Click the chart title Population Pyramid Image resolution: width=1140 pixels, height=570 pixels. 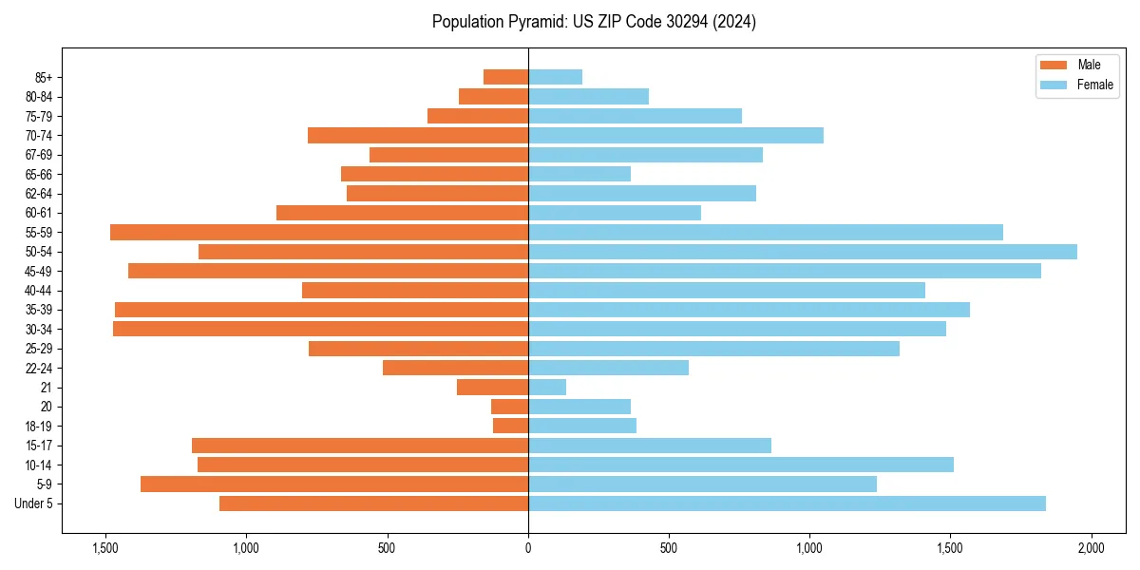click(594, 22)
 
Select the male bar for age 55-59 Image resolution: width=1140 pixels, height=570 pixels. click(319, 232)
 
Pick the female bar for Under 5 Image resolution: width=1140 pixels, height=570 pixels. click(787, 503)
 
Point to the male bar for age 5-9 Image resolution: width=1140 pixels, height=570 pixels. click(334, 484)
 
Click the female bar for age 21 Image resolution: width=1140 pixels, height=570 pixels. click(547, 388)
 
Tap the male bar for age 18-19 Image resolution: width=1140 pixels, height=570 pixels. click(511, 426)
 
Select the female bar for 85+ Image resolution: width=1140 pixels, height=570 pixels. click(555, 77)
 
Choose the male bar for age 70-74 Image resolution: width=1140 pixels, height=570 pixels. click(418, 135)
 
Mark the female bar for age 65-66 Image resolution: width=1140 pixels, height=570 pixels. click(579, 174)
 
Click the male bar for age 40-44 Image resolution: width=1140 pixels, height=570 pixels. click(415, 291)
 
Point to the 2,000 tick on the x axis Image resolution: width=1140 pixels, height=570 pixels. click(1091, 548)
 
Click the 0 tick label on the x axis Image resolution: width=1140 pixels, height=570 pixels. click(528, 548)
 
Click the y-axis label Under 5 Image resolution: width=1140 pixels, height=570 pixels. click(34, 503)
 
